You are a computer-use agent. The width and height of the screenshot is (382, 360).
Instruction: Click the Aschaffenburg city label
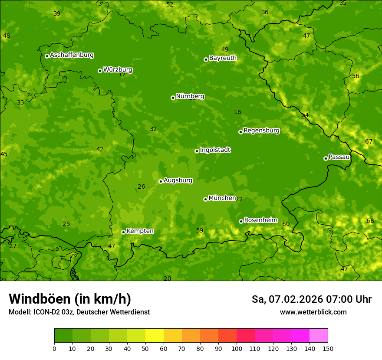[x=72, y=55]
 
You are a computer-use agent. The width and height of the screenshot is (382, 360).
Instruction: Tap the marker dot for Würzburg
[x=100, y=71]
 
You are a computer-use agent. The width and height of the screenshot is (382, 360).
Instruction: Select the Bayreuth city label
[x=223, y=58]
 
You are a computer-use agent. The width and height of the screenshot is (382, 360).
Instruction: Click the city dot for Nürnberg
[x=173, y=98]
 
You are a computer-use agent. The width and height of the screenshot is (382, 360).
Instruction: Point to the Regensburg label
[x=261, y=131]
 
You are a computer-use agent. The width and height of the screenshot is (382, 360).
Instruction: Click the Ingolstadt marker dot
[x=197, y=151]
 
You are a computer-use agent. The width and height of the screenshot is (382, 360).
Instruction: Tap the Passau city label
[x=339, y=157]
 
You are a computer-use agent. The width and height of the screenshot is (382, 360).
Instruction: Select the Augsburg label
[x=178, y=180]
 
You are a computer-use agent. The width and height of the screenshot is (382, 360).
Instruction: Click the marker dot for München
[x=205, y=199]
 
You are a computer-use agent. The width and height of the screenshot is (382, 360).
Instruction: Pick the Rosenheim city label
[x=260, y=220]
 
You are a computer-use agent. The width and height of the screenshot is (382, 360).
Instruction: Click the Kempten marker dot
[x=123, y=232]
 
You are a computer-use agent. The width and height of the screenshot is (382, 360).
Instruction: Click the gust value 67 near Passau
[x=369, y=142]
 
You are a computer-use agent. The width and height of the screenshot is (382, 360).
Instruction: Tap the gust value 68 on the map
[x=370, y=221]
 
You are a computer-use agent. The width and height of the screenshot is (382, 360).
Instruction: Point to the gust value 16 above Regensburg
[x=237, y=112]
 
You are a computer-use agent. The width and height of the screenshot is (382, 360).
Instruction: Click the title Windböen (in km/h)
[x=70, y=299]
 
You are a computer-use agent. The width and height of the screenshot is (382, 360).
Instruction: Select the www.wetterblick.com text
[x=313, y=312]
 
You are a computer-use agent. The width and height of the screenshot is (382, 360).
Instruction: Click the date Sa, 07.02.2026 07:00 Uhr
[x=311, y=299]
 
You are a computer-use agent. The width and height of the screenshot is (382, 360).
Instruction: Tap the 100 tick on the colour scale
[x=237, y=348]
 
